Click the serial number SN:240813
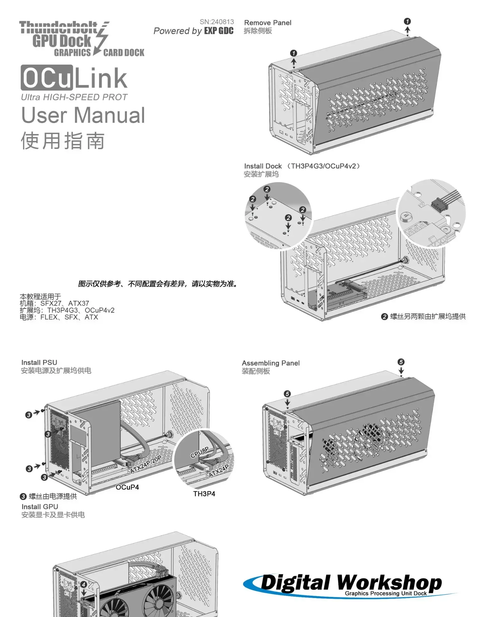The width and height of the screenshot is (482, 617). (217, 22)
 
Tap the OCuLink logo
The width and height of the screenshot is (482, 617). (74, 78)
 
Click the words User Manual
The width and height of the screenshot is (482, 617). (83, 115)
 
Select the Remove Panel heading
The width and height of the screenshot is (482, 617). (268, 23)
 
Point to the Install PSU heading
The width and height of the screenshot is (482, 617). (39, 362)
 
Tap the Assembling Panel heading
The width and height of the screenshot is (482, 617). (271, 363)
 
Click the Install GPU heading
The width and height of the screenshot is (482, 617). (40, 507)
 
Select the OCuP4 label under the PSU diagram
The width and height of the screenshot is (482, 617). (127, 487)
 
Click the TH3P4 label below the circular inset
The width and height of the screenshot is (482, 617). (204, 494)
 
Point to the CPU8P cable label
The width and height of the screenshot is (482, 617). (200, 452)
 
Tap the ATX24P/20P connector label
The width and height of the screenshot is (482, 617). (146, 465)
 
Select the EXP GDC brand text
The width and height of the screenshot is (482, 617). (219, 31)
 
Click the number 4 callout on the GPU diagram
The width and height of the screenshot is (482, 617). (84, 585)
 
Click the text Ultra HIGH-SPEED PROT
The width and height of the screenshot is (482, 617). (74, 97)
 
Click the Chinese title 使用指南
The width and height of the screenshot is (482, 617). (63, 141)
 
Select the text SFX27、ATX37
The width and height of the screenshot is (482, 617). (65, 303)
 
